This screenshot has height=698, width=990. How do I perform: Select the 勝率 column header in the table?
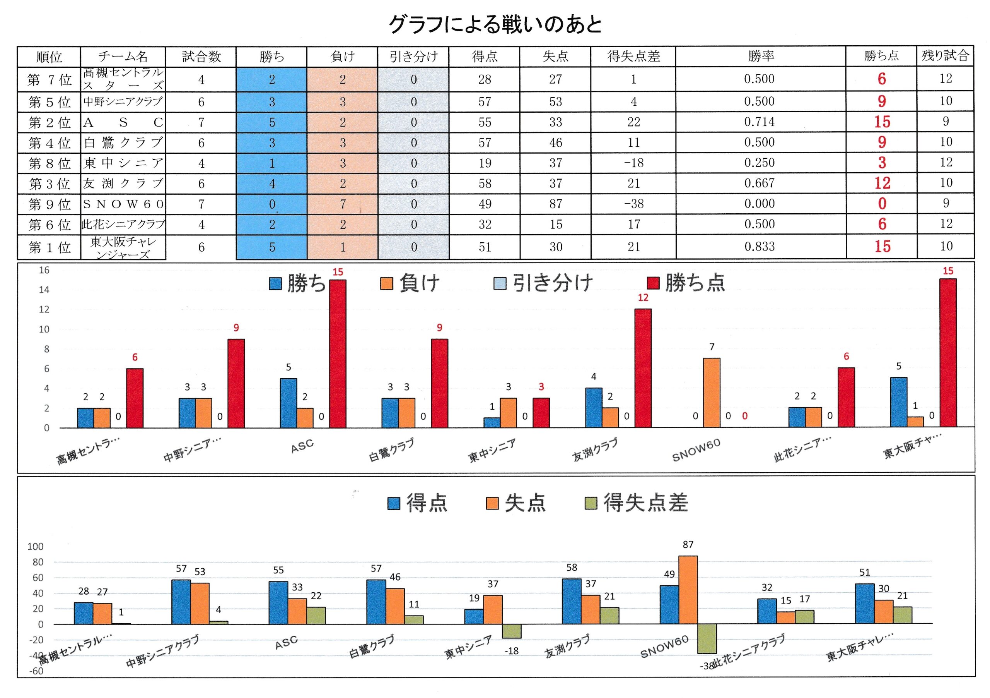point(761,56)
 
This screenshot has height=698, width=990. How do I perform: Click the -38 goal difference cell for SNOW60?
point(633,204)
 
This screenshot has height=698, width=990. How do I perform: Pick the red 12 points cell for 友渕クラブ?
point(882,184)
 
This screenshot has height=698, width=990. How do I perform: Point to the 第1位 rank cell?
point(49,247)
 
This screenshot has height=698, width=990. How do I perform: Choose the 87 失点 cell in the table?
point(555,204)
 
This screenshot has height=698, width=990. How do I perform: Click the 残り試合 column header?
point(945,56)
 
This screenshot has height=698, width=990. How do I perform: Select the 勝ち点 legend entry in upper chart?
point(686,283)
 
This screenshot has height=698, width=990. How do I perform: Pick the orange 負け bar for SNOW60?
point(712,393)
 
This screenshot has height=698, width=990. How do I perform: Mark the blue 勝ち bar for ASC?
point(288,403)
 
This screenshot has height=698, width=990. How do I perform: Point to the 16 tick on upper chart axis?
point(44,270)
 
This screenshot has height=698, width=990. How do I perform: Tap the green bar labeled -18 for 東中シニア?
point(511,631)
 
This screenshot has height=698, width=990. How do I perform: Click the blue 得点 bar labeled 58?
point(571,601)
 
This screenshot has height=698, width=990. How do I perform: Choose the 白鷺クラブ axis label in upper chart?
point(391,450)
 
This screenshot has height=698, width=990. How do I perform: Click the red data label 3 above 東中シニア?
point(541,387)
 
